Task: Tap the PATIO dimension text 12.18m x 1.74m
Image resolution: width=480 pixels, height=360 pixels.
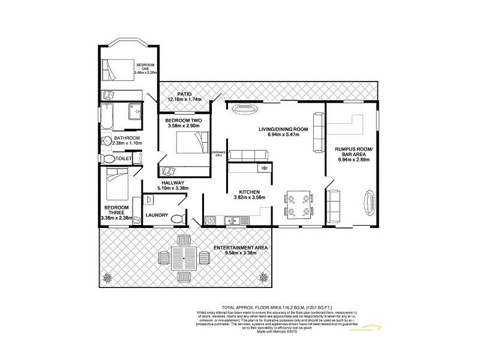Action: tap(184, 99)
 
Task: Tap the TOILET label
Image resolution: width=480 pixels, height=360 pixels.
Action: tap(124, 159)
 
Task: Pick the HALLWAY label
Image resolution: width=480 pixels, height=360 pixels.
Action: tap(172, 182)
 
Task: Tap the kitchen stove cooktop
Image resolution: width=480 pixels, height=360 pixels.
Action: tap(262, 169)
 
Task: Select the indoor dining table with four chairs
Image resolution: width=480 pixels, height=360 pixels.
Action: tap(298, 203)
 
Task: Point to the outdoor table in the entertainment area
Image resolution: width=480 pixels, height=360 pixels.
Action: tap(181, 258)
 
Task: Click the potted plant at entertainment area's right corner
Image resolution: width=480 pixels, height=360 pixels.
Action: tap(263, 277)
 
